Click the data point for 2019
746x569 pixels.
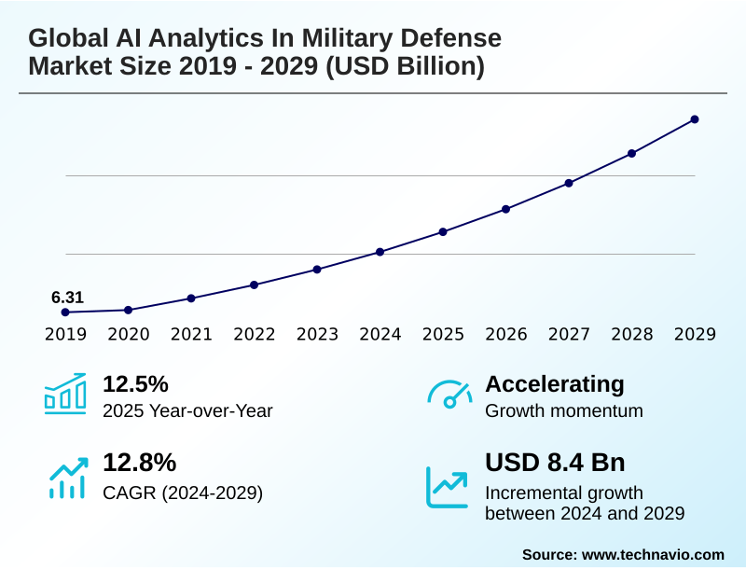[x=65, y=312]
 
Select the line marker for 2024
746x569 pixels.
[x=380, y=252]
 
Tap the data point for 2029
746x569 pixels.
[x=695, y=119]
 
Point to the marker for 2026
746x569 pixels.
[x=506, y=209]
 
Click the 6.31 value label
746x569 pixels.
[x=67, y=298]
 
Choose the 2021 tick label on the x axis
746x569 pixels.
[x=191, y=335]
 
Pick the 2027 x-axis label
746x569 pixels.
[x=569, y=335]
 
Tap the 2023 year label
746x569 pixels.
[x=317, y=335]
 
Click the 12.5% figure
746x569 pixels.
[x=135, y=384]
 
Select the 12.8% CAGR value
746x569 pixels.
[x=139, y=463]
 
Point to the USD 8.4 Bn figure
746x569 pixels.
[x=555, y=463]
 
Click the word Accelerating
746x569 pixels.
[x=555, y=384]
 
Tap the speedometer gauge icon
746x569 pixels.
[x=449, y=394]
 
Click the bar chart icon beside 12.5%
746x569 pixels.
[x=65, y=394]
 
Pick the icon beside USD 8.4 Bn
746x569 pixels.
[x=448, y=487]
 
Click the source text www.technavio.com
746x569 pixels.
[x=653, y=554]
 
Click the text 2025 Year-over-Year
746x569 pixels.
[x=187, y=410]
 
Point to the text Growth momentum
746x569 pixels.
[x=564, y=410]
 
